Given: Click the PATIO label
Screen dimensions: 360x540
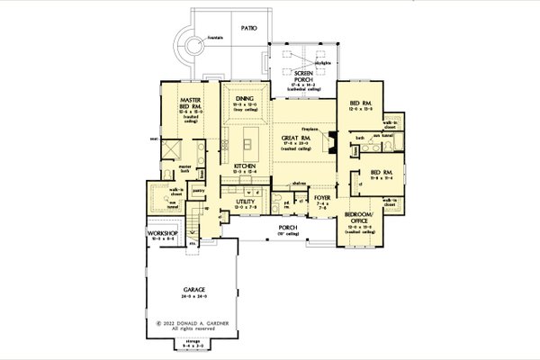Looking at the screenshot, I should pos(249,29).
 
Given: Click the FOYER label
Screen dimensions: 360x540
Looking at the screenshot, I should pos(320,202).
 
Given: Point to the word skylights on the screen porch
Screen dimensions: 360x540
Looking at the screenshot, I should pos(322,64).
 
